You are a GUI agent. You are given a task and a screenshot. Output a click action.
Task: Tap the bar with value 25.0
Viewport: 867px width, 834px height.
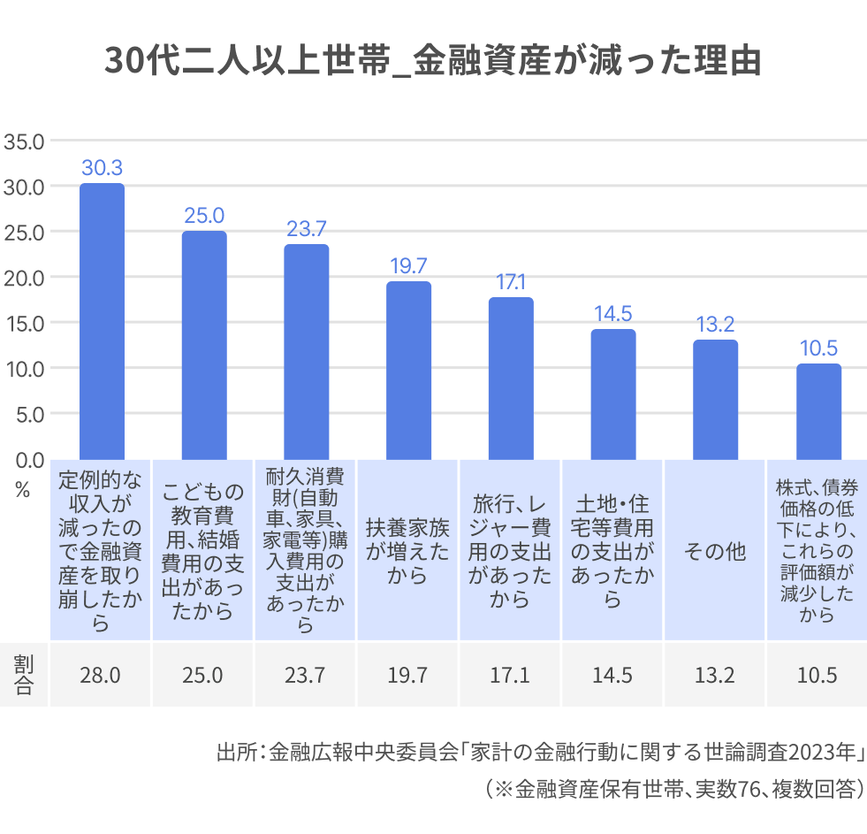(204, 345)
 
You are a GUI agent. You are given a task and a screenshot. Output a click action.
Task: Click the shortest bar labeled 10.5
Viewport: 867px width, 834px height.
(818, 411)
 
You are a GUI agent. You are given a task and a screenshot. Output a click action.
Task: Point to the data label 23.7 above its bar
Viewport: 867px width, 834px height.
(307, 229)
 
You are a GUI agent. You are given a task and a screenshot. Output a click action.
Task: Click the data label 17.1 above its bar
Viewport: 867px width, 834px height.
(511, 282)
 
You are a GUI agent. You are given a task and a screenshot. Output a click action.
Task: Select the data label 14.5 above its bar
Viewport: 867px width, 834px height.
(613, 314)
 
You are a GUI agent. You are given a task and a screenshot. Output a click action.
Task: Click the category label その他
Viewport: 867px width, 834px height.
(715, 552)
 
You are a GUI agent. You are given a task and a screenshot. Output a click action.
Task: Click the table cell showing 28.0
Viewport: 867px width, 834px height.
(102, 676)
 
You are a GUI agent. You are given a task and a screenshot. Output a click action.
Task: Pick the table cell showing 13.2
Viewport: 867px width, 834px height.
(715, 676)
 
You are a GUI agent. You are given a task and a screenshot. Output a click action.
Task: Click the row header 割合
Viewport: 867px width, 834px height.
(24, 676)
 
